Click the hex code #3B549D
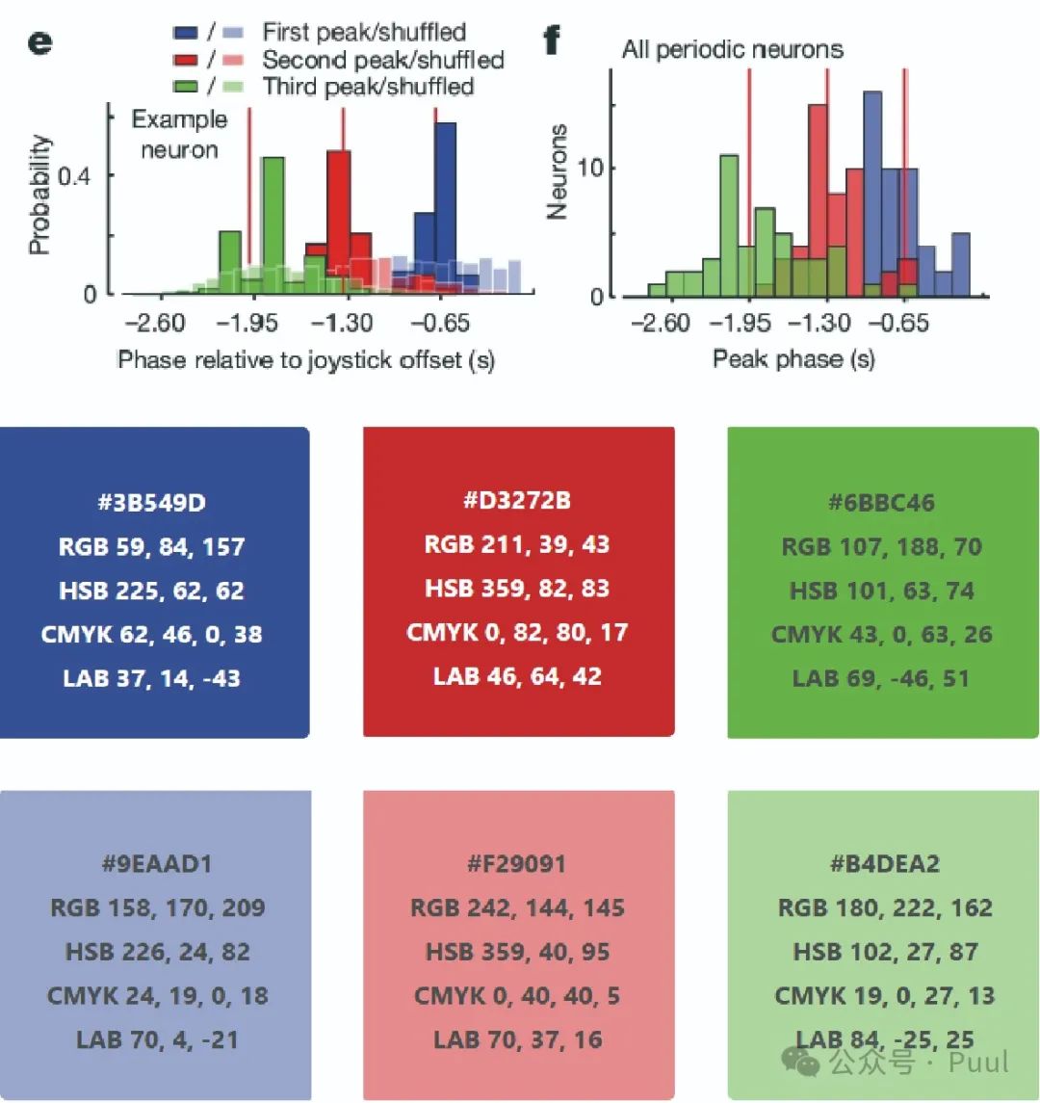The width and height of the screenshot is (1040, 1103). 154,503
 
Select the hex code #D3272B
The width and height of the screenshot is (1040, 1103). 517,501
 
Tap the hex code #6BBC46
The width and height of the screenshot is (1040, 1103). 882,503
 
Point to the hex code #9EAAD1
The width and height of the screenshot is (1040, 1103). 156,864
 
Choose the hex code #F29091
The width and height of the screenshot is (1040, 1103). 517,864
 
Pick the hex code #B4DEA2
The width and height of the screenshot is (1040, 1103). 883,864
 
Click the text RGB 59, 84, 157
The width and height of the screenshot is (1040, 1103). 152,547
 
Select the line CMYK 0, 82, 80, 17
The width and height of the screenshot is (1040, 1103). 517,633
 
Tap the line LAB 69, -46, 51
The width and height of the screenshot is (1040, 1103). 882,678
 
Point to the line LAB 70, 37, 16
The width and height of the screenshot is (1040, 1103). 517,1040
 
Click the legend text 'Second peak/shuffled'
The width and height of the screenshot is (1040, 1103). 382,60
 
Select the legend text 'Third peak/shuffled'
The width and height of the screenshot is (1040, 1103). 368,87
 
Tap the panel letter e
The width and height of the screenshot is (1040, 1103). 39,44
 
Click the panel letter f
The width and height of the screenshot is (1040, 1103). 551,40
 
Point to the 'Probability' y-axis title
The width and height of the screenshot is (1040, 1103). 39,195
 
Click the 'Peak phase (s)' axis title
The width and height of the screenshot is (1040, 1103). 793,359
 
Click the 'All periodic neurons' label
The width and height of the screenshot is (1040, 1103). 732,48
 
